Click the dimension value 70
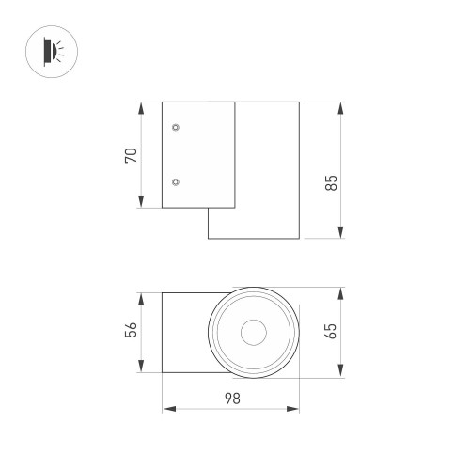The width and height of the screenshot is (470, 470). [x=133, y=153]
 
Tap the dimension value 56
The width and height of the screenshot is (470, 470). [x=133, y=330]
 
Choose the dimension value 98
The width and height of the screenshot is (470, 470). [x=231, y=398]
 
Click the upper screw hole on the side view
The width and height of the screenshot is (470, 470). [x=176, y=126]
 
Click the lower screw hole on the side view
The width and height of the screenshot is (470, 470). [x=176, y=180]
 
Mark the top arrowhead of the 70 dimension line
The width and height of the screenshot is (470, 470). [x=141, y=103]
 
